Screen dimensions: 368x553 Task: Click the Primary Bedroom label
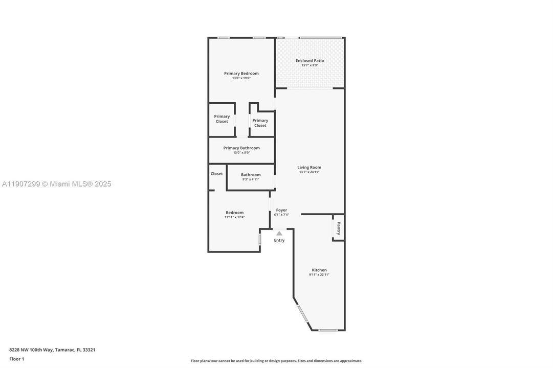[x=241, y=73]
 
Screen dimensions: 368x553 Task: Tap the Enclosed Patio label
[x=309, y=60]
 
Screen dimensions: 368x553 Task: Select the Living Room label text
[x=309, y=167]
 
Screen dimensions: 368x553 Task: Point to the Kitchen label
[x=319, y=270]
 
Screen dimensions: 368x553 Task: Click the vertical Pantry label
[x=338, y=228]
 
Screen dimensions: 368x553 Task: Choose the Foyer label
[x=281, y=210]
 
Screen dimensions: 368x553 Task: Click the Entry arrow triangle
[x=279, y=233]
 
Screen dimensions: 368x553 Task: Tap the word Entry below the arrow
[x=279, y=240]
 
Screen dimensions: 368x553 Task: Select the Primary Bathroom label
[x=241, y=148]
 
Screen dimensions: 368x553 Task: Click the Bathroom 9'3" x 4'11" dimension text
[x=251, y=179]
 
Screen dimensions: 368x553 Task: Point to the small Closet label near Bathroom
[x=216, y=174]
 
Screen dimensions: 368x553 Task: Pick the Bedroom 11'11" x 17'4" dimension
[x=234, y=217]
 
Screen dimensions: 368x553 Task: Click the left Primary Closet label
[x=222, y=119]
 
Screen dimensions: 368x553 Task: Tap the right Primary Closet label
[x=260, y=123]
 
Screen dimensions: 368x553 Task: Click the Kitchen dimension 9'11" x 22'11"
[x=319, y=275]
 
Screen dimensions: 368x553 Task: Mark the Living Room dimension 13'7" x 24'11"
[x=309, y=172]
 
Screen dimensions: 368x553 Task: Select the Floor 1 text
[x=16, y=359]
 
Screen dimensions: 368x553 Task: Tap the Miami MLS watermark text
[x=56, y=184]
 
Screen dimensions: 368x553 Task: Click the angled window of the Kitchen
[x=302, y=313]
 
